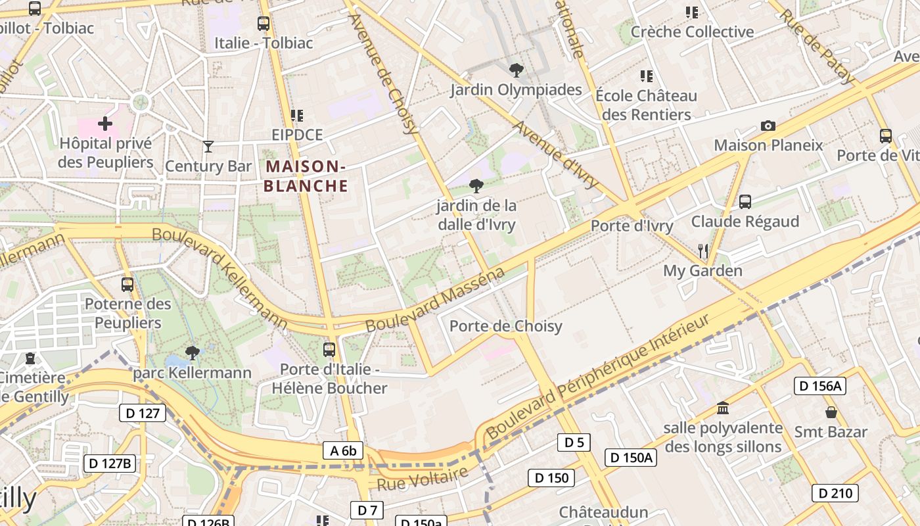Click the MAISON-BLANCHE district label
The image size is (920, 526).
click(x=306, y=176)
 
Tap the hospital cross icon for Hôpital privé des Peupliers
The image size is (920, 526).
click(x=104, y=123)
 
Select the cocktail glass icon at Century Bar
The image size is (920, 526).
click(x=208, y=146)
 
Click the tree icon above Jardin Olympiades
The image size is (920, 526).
click(x=517, y=70)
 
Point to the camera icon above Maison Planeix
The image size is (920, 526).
click(x=768, y=126)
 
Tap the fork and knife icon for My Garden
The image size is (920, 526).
click(x=702, y=251)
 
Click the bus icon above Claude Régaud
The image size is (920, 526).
click(x=745, y=201)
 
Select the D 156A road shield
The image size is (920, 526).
click(x=819, y=386)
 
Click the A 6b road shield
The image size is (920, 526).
click(x=343, y=450)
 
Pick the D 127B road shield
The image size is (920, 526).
click(x=110, y=463)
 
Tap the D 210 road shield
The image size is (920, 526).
click(x=835, y=492)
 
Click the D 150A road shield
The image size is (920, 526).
click(x=630, y=458)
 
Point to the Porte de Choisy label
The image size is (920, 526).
click(x=505, y=326)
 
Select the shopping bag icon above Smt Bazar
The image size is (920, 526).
click(x=831, y=412)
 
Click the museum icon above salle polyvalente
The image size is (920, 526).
click(x=723, y=408)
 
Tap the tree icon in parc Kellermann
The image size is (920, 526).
click(x=192, y=353)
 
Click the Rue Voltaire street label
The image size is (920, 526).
click(x=423, y=479)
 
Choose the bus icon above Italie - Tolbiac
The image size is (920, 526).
click(x=264, y=24)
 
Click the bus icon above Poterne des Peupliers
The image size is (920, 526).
click(x=127, y=285)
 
